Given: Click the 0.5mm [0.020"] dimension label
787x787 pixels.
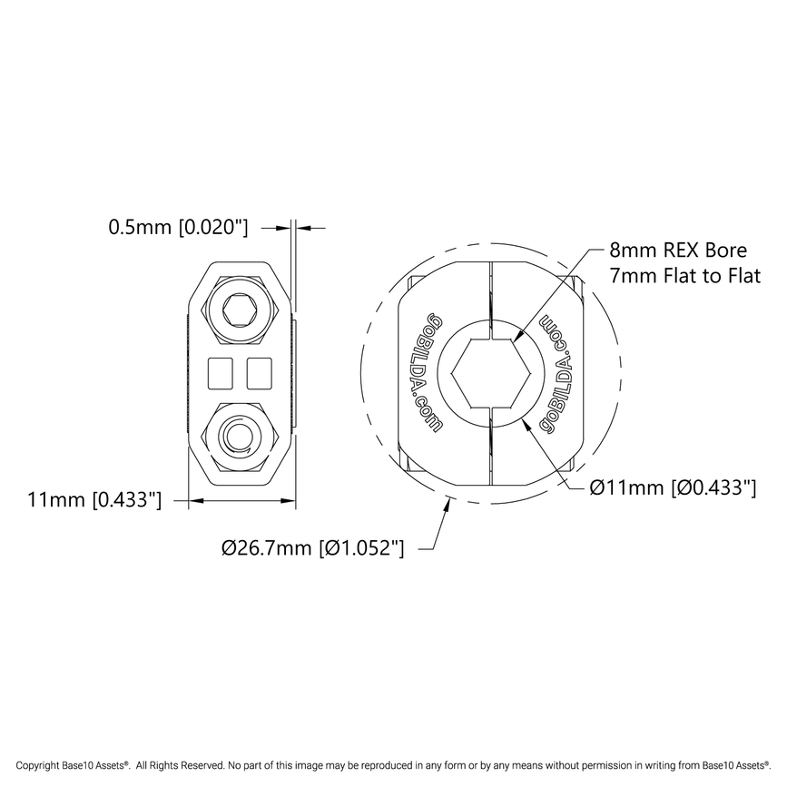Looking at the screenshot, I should coord(178,226).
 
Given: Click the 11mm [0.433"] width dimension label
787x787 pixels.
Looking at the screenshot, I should coord(94,499).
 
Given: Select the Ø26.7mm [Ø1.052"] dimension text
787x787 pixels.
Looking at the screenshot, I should coord(312,547).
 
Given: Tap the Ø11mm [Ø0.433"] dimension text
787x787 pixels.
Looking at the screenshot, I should coord(673,487).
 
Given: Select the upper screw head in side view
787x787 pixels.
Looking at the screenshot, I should coord(241,310).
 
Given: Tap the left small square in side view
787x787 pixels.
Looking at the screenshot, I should coord(221,371).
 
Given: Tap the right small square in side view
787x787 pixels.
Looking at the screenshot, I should coord(260,371).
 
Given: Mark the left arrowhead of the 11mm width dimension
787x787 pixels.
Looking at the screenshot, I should coord(193,499).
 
